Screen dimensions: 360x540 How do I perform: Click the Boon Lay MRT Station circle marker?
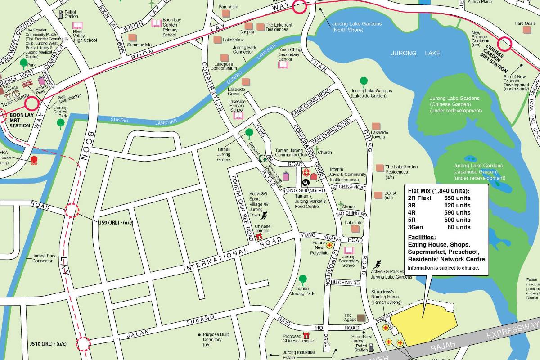pos(32,104)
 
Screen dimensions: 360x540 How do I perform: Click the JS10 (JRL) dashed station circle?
pos(83,344)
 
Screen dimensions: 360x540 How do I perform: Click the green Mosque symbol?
pos(262,158)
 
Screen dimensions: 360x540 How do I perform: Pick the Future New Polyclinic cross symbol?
pos(330,245)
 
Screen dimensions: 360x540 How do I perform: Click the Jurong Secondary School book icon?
pos(349,250)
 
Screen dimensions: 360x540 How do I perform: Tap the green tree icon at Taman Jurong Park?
pos(303,279)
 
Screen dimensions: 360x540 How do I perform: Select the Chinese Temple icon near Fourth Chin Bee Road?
pos(259,236)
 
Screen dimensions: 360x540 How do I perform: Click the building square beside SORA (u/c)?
pos(378,195)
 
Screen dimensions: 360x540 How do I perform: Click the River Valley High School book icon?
pos(77,26)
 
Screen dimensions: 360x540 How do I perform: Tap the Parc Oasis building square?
pos(526,30)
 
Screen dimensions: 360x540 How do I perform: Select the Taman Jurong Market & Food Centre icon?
pos(306,182)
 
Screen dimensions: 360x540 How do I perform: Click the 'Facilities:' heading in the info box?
pos(422,237)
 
